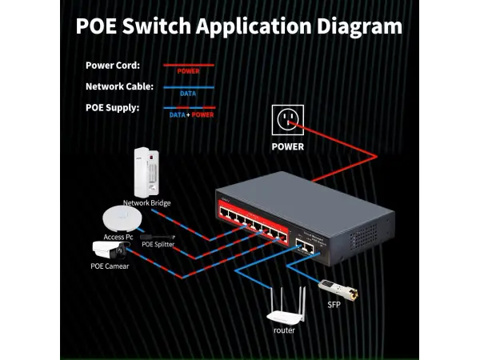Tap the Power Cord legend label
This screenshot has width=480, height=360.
click(x=113, y=66)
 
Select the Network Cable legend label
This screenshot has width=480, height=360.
click(x=119, y=86)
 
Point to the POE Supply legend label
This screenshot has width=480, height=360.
click(x=112, y=107)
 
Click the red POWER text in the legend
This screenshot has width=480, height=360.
click(x=188, y=71)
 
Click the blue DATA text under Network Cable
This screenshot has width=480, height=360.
click(x=188, y=93)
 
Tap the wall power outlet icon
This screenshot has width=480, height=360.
click(x=287, y=120)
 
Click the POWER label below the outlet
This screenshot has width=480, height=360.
click(x=287, y=147)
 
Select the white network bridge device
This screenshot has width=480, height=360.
click(x=145, y=171)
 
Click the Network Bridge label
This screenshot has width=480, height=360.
click(x=146, y=203)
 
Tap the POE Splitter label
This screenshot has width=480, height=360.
click(x=158, y=245)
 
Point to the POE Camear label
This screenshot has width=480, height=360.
click(x=110, y=266)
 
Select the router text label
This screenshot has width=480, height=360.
click(x=284, y=330)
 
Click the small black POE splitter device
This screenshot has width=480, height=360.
click(x=158, y=237)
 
